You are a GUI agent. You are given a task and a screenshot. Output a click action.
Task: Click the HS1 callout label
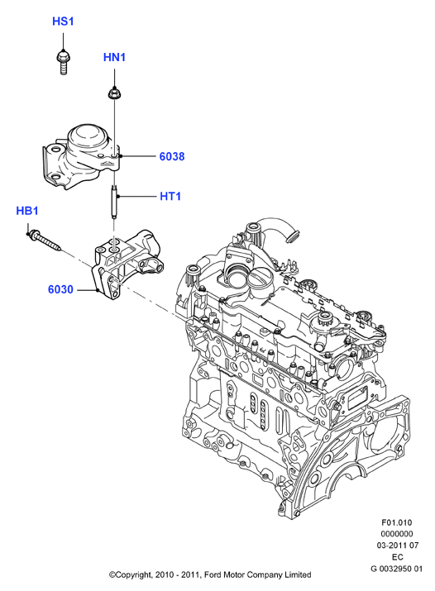point(63,21)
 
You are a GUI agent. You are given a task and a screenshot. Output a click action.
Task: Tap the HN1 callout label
point(114,57)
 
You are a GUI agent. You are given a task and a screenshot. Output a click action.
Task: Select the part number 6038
point(172,156)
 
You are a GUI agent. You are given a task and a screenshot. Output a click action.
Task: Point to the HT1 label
point(170,197)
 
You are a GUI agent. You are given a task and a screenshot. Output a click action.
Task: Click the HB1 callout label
point(27,211)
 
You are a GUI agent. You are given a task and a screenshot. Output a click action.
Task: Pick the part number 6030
point(60,289)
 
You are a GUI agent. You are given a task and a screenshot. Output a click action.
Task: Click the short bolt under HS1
point(64,62)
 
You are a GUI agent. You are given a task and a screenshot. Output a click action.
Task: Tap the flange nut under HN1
point(114,93)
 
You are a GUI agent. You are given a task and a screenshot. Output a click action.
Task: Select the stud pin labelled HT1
point(114,200)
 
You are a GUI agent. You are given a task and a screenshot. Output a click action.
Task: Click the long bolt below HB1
point(45,240)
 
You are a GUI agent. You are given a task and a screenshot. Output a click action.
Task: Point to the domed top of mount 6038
point(86,136)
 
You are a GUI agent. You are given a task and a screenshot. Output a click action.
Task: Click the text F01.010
point(397,522)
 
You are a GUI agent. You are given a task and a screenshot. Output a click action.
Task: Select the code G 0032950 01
point(397,569)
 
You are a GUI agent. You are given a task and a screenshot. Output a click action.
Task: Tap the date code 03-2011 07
point(397,546)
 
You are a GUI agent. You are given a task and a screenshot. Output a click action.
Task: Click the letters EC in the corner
point(397,557)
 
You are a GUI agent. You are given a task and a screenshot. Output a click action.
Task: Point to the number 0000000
point(397,534)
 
